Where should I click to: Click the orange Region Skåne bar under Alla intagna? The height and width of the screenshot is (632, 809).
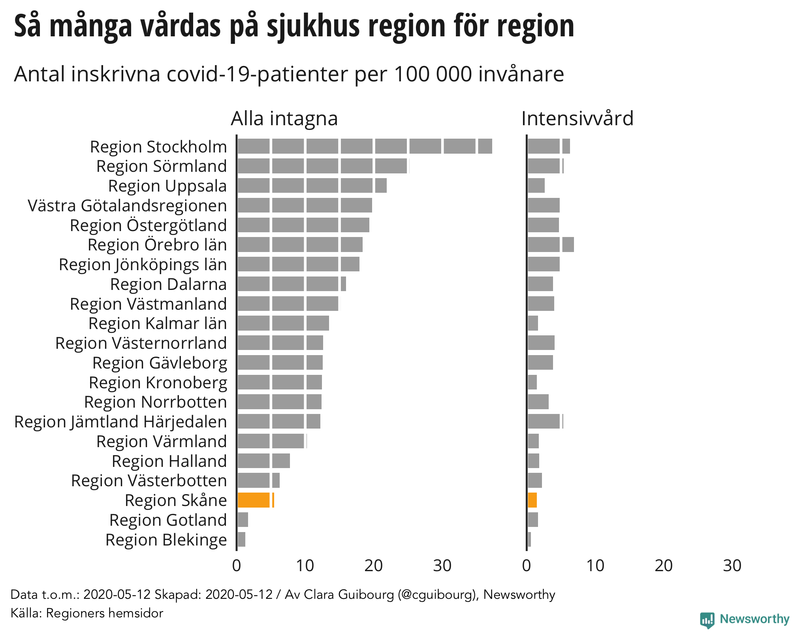point(255,500)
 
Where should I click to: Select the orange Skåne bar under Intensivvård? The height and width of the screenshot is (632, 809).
point(532,500)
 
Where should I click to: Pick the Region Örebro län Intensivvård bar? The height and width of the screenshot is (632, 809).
point(551,245)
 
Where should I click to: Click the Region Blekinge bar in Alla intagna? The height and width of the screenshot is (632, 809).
point(241,540)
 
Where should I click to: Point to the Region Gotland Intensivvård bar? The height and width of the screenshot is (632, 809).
point(533,520)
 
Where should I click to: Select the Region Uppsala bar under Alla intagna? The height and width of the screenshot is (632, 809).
point(312,186)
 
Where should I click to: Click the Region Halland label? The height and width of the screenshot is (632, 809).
point(169,461)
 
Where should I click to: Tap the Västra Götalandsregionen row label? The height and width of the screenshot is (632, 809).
point(127,205)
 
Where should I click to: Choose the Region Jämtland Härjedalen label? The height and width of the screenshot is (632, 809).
point(120,421)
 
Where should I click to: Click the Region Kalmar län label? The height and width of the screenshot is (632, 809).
point(158,323)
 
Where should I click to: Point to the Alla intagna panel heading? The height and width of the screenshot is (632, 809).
point(284,118)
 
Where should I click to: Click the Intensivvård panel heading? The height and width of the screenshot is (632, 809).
point(577,118)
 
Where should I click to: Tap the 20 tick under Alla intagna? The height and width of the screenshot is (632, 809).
point(373,566)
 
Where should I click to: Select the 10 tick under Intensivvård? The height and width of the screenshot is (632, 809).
point(595,566)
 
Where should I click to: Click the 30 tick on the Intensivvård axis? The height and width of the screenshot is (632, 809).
point(732,566)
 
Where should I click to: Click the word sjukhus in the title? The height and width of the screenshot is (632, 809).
point(313,26)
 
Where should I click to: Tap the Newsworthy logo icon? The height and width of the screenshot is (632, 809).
point(707,620)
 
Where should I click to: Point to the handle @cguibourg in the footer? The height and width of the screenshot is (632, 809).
point(437,594)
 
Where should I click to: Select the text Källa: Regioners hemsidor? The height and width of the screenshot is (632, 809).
point(87,613)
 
